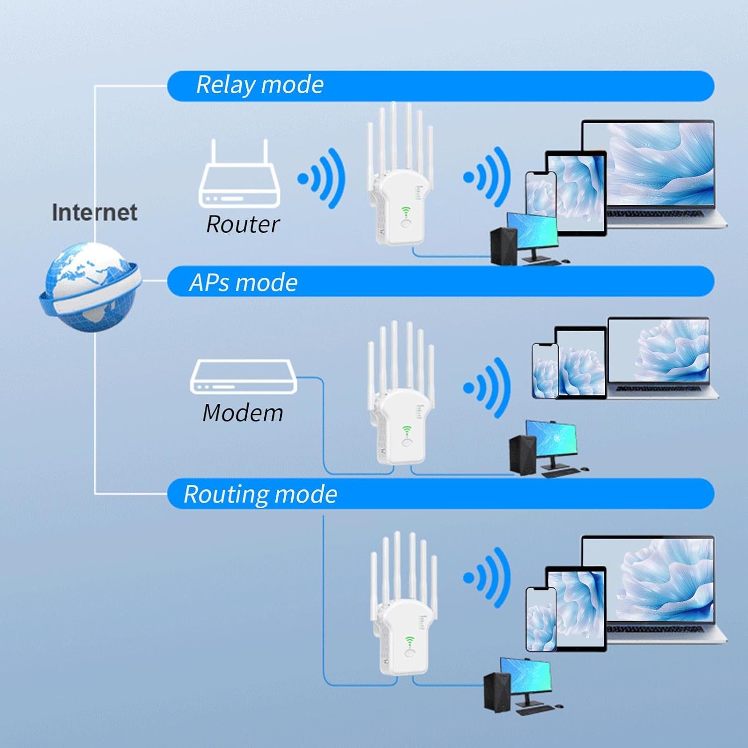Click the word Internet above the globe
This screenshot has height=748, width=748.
[95, 212]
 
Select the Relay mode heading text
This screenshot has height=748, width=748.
[260, 85]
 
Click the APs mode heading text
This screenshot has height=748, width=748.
[243, 282]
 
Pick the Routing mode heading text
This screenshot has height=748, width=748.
[260, 494]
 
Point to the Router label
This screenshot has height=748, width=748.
[243, 224]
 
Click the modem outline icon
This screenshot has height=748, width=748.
[243, 377]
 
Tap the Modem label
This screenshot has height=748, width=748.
[243, 413]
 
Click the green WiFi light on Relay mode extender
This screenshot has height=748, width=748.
[405, 211]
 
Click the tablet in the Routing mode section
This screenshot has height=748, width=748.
[576, 608]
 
